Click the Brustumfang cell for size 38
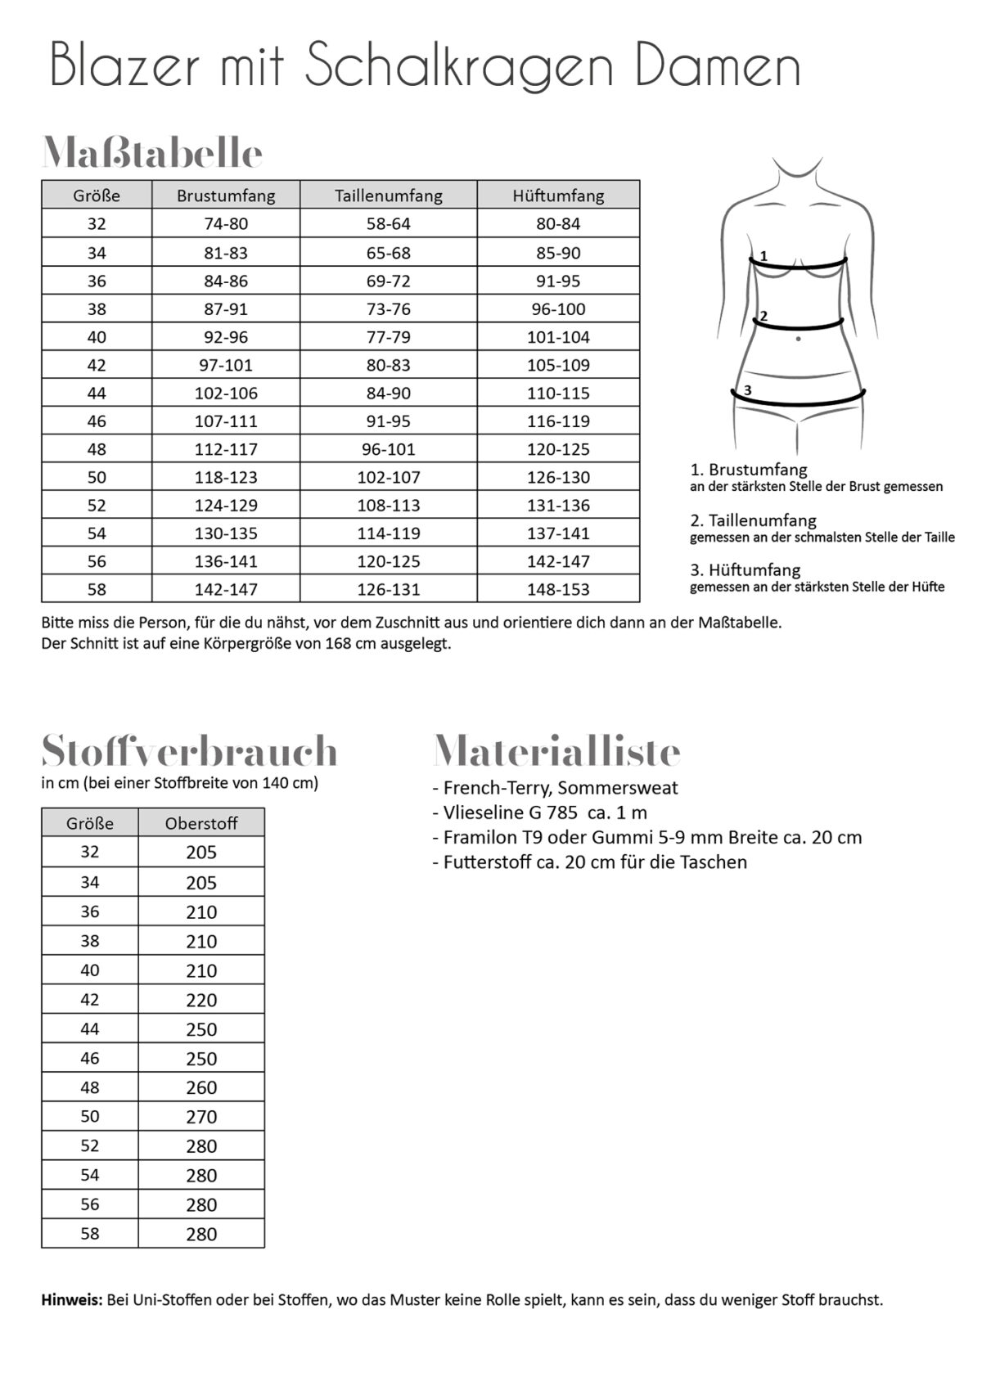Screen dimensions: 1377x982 point(226,309)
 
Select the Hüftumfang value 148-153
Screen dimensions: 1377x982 point(558,589)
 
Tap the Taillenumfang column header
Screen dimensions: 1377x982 point(389,196)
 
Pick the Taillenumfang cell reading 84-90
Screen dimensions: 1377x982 point(389,394)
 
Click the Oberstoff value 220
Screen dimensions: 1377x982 point(201,1000)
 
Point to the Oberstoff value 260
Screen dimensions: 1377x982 point(201,1087)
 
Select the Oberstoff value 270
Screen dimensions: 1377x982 point(201,1117)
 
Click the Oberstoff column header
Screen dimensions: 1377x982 point(201,823)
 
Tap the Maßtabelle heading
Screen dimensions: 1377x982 point(152,153)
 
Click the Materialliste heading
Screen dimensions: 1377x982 point(556,750)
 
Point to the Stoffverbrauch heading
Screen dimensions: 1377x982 point(189,750)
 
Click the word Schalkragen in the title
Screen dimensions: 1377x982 point(459,65)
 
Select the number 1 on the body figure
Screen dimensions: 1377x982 point(764,256)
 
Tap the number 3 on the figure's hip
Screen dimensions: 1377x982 point(747,390)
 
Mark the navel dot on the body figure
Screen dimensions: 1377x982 point(798,338)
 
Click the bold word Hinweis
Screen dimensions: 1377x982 point(71,1300)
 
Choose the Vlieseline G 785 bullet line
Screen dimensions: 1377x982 point(540,812)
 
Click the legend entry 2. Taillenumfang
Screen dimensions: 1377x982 point(754,520)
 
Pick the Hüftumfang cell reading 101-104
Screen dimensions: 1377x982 point(558,337)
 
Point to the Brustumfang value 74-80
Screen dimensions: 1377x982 point(226,224)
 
